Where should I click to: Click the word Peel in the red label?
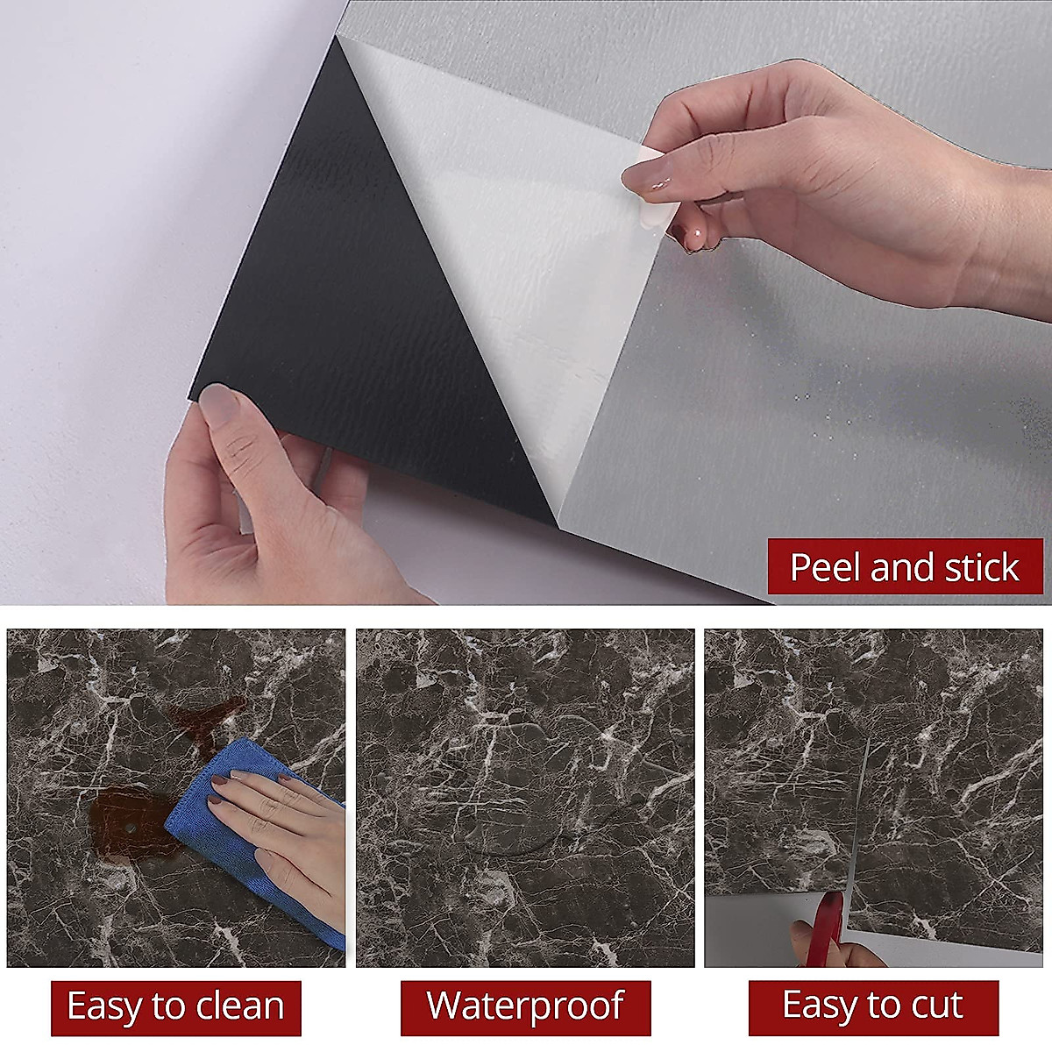827,568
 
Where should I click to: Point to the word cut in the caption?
935,1005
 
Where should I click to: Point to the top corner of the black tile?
337,37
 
